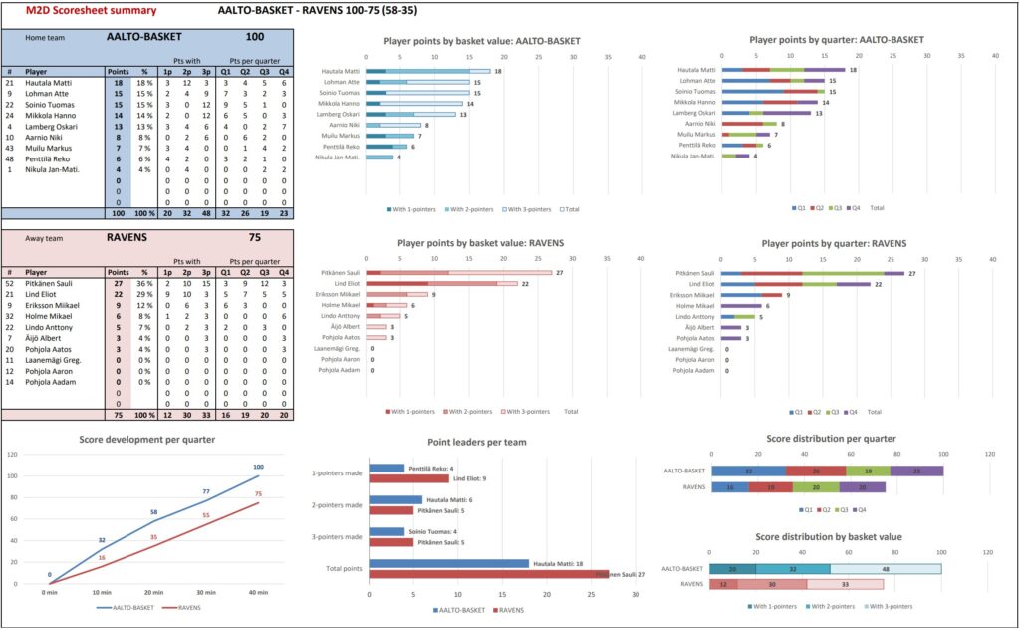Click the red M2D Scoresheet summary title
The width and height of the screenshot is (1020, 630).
(x=92, y=10)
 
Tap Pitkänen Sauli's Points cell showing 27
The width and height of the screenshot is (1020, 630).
(x=118, y=284)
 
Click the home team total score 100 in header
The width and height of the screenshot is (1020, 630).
(x=254, y=37)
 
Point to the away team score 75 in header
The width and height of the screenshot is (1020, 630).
(x=254, y=239)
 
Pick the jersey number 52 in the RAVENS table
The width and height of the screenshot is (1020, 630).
(x=9, y=284)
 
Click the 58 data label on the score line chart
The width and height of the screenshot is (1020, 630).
(x=152, y=512)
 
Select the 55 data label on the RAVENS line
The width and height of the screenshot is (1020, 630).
(x=206, y=515)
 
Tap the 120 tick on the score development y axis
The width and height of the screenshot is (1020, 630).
(x=13, y=454)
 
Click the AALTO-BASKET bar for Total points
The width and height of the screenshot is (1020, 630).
(x=448, y=563)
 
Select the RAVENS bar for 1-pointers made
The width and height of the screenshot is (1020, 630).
(x=408, y=479)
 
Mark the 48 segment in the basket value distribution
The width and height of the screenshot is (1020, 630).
(x=885, y=569)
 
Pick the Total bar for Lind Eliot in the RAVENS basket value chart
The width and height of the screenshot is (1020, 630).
(x=448, y=283)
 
